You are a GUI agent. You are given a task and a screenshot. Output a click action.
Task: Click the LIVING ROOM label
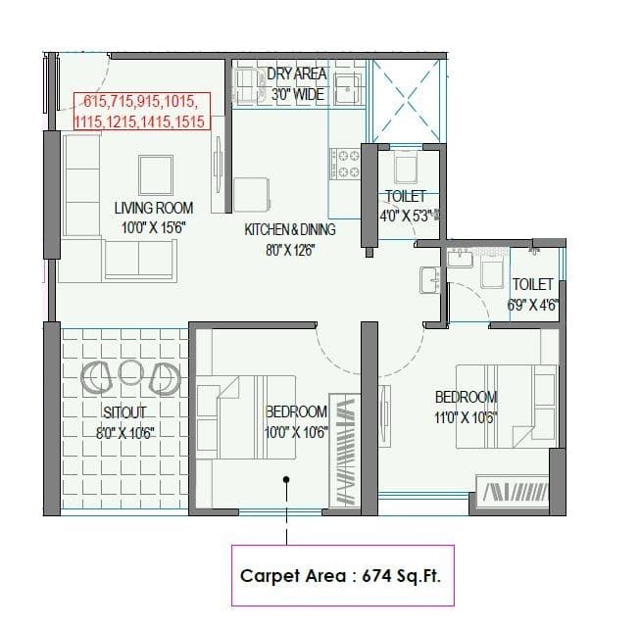click(x=154, y=208)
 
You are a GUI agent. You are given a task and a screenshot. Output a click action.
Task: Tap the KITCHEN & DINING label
click(x=290, y=229)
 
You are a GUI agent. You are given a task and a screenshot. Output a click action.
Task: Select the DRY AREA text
click(x=297, y=74)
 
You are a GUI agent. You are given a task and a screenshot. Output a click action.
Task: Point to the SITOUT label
click(x=124, y=412)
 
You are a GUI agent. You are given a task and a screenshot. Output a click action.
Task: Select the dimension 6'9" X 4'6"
click(x=533, y=305)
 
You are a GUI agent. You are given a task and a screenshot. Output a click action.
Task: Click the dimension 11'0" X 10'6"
click(x=467, y=416)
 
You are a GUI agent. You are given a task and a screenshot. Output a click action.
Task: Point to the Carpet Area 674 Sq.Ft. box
click(x=341, y=575)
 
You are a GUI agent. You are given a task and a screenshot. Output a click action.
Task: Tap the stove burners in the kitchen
click(x=346, y=164)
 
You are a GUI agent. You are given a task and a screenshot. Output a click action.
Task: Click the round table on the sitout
click(x=132, y=371)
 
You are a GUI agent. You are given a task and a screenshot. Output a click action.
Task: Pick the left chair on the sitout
click(x=98, y=373)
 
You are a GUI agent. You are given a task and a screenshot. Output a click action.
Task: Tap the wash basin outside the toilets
click(x=428, y=278)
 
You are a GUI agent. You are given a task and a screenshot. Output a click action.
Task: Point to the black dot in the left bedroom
click(x=286, y=480)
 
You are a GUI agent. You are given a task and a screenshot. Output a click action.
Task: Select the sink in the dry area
click(x=347, y=89)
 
